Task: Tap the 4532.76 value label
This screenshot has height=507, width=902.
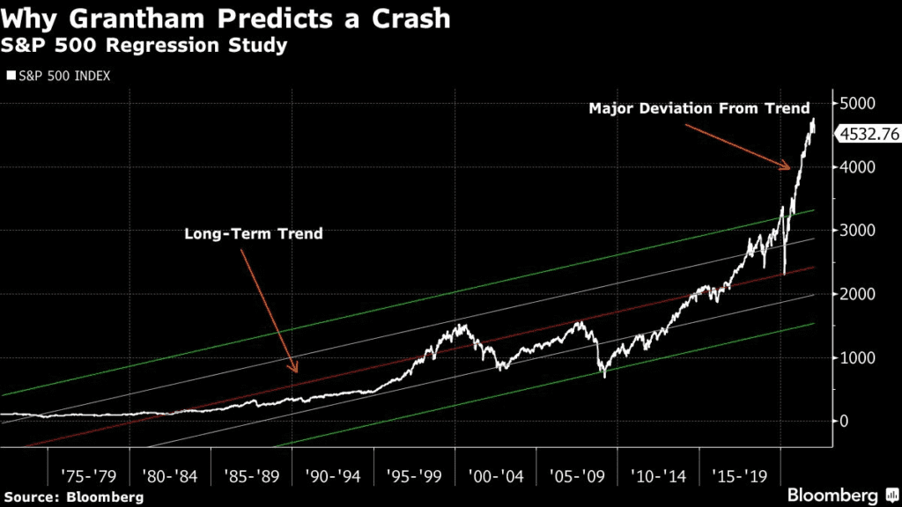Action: click(x=868, y=135)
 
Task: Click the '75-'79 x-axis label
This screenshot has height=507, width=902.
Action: click(x=87, y=476)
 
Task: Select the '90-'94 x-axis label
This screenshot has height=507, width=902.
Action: click(x=332, y=476)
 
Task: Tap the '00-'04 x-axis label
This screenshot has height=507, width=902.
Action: click(x=495, y=476)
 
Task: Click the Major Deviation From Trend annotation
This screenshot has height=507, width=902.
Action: click(x=699, y=108)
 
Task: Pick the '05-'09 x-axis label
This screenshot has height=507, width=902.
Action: click(x=577, y=476)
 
